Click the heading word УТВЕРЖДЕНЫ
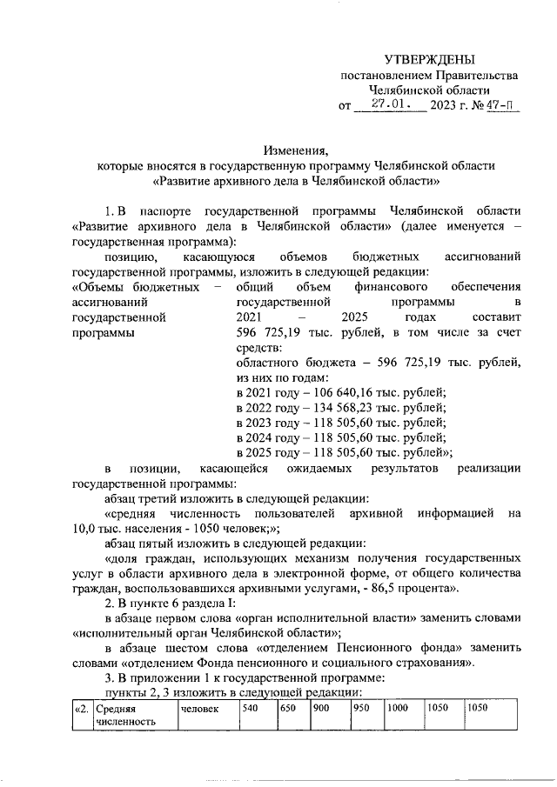(430, 59)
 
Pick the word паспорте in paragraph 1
(164, 211)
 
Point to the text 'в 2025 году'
(268, 452)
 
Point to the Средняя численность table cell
(132, 715)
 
